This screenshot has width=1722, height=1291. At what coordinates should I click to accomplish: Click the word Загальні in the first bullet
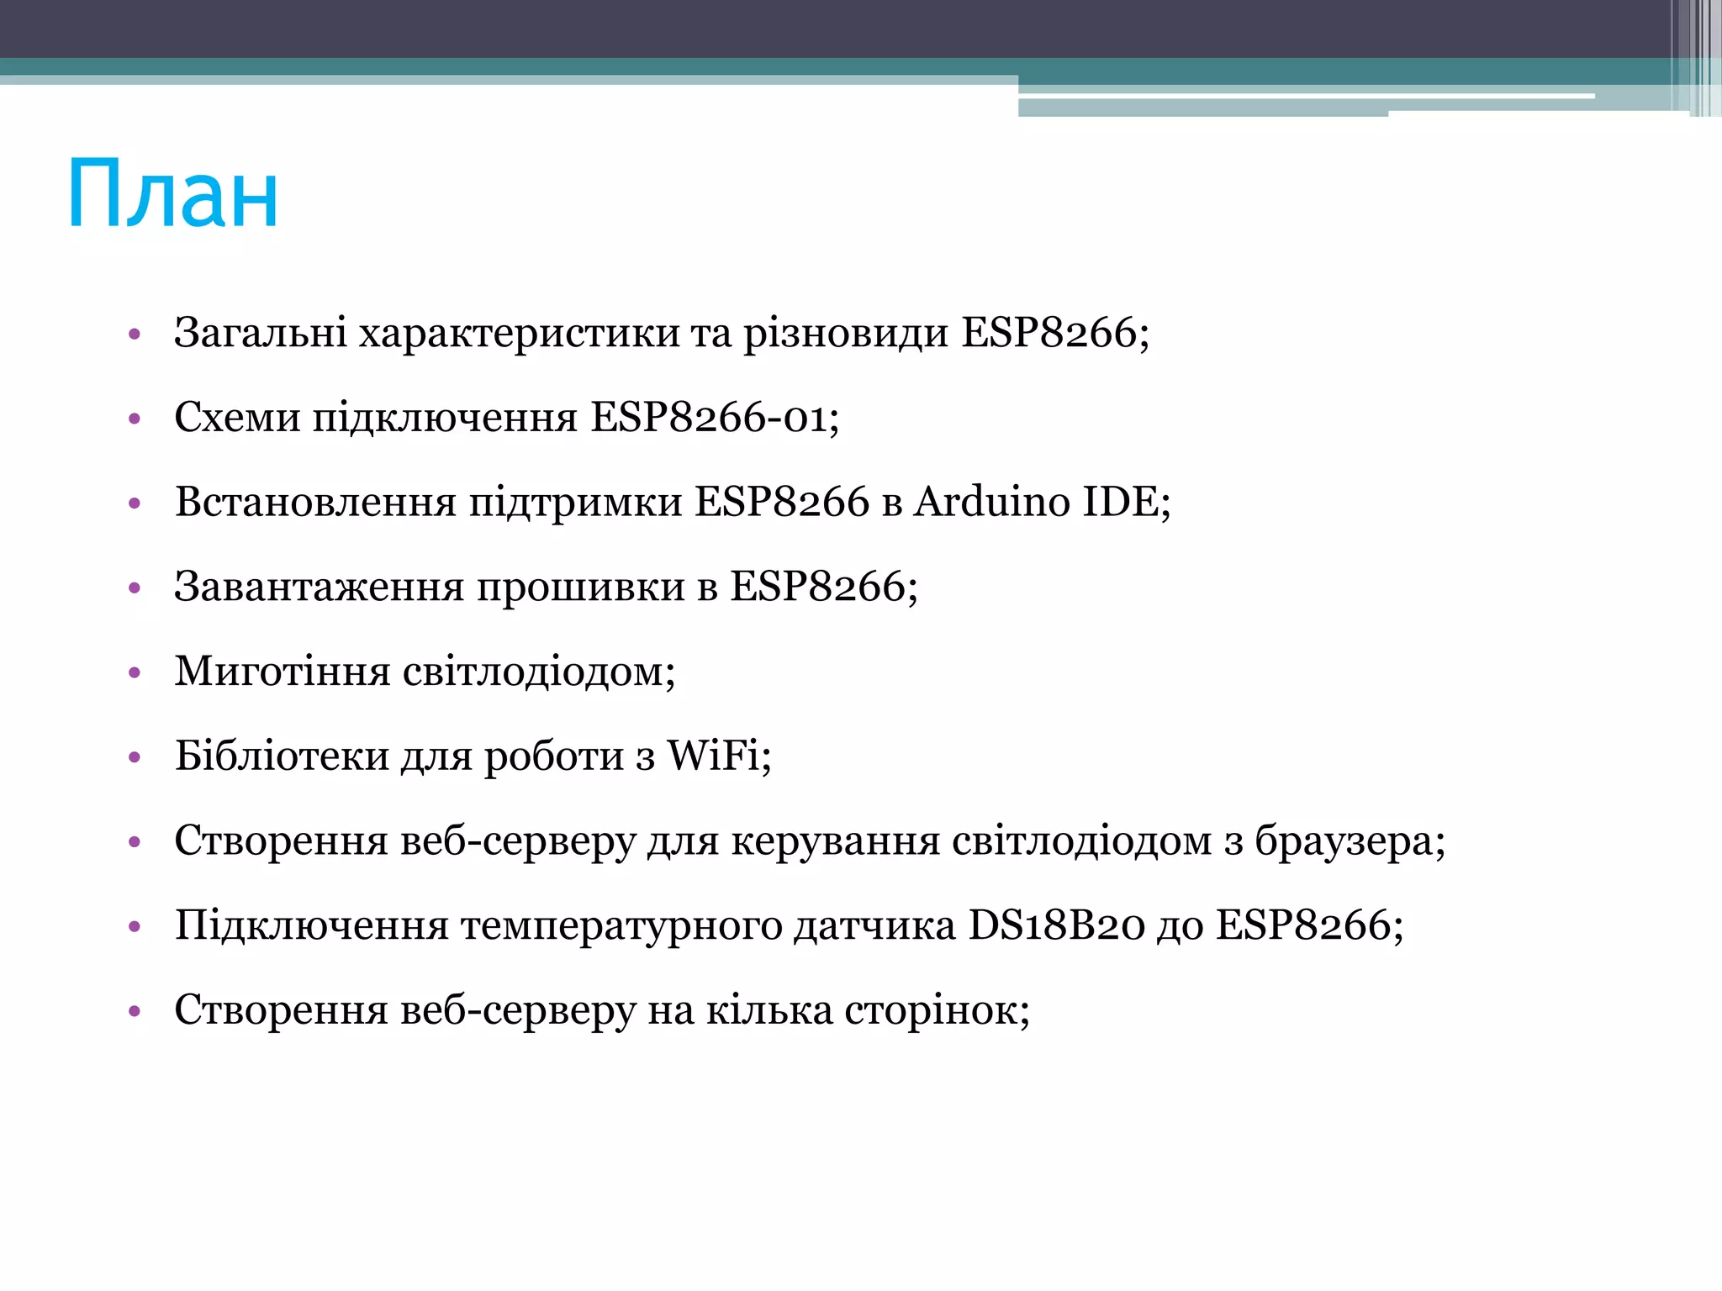tap(260, 333)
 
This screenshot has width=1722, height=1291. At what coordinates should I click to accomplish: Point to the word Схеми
tap(237, 418)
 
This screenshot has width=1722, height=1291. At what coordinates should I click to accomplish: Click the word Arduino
tap(991, 502)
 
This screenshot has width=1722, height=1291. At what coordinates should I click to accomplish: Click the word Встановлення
tap(315, 502)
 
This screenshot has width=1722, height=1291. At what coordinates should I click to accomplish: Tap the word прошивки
tap(581, 587)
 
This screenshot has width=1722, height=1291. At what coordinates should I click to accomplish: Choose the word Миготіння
tap(283, 672)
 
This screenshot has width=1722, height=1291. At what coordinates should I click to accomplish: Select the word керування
tap(835, 841)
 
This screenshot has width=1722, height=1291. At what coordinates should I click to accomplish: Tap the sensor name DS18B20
tap(1056, 925)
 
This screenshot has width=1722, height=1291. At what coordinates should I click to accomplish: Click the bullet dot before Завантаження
tap(135, 588)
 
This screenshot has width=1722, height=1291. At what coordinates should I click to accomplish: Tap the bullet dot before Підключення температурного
tap(135, 927)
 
